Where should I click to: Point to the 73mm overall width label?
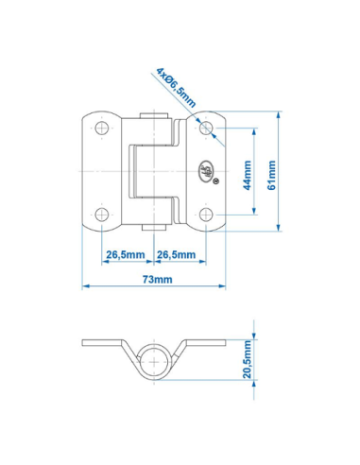click(157, 279)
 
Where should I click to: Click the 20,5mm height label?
click(249, 361)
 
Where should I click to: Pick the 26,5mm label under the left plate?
click(125, 253)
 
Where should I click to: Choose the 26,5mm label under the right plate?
click(177, 253)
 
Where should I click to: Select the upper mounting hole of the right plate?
click(207, 126)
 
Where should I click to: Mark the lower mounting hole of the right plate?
click(207, 215)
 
